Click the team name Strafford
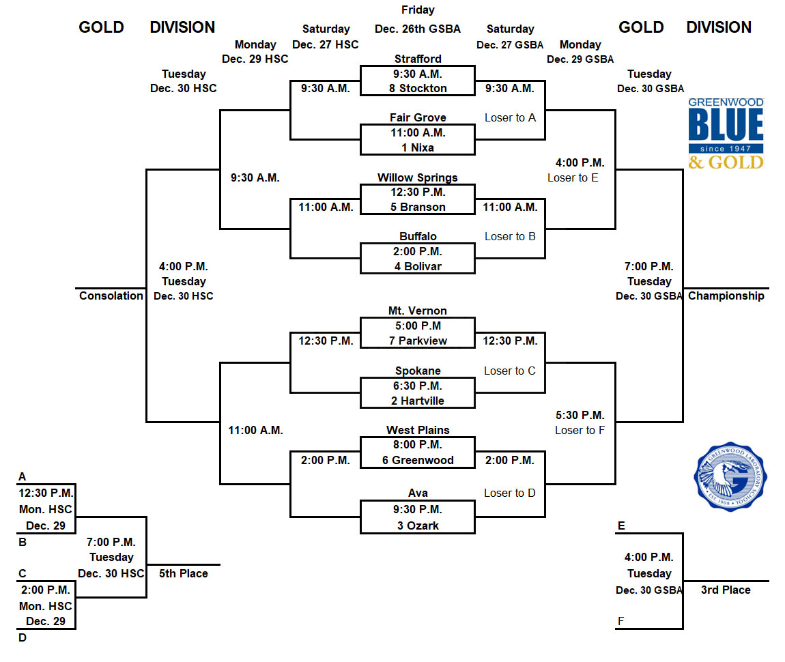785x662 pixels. coord(418,59)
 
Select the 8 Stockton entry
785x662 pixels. coord(418,88)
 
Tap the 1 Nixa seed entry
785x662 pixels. coord(418,147)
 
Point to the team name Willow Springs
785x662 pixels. coord(418,177)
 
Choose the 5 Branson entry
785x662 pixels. coord(418,207)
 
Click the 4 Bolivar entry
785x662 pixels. coord(418,266)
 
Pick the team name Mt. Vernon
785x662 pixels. coord(418,311)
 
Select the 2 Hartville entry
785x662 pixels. coord(418,401)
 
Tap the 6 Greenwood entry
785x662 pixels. coord(418,460)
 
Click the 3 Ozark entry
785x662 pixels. coord(418,526)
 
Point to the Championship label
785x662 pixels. coord(726,296)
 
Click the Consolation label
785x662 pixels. coord(111,296)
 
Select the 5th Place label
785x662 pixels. coord(183,573)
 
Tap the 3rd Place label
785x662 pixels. coord(726,590)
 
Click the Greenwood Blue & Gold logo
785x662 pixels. coord(726,133)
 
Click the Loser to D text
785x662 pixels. coord(510,493)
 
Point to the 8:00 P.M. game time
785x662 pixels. coord(418,445)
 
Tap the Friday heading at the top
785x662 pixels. coord(418,10)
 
